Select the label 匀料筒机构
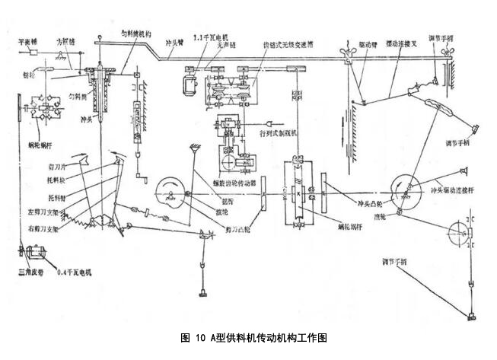137,34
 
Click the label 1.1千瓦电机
212,37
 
